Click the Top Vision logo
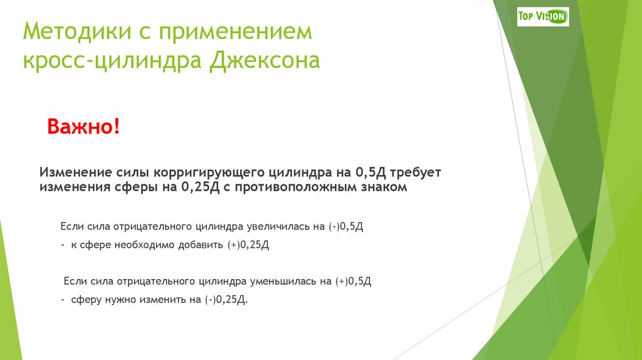[x=543, y=16]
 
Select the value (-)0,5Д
[x=345, y=226]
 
